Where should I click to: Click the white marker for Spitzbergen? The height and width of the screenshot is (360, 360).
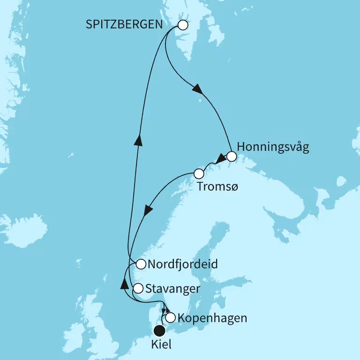(183, 25)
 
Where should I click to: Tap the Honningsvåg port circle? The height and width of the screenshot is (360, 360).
(231, 157)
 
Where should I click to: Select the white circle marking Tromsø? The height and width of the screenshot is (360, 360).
(199, 174)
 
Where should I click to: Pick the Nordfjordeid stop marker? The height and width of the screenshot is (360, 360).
(140, 264)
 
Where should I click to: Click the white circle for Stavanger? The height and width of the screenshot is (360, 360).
(138, 288)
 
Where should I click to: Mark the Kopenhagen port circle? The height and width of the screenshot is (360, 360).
(171, 318)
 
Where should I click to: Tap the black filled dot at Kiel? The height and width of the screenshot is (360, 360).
(160, 330)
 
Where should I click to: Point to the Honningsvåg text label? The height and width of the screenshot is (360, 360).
(273, 147)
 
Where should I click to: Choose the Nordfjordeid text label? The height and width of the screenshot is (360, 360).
(182, 264)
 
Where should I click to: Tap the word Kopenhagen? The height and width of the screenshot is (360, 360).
(212, 318)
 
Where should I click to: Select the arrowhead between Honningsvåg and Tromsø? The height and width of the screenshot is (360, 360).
(220, 159)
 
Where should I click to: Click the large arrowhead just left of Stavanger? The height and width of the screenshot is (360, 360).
(124, 284)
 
